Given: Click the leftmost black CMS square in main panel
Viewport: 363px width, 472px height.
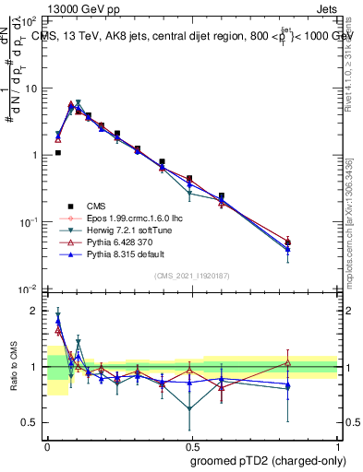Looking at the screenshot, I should click(58, 153).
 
